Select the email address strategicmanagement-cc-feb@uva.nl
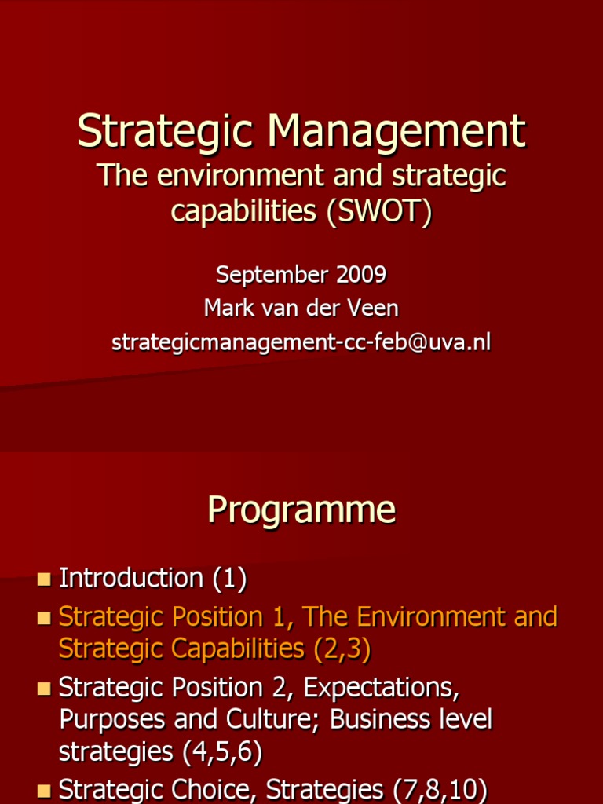point(301,342)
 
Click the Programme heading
point(301,510)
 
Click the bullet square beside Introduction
point(44,580)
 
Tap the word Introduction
point(131,579)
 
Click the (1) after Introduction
point(229,579)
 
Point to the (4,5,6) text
point(222,752)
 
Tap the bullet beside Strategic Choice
point(44,790)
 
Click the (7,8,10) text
point(439,789)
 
